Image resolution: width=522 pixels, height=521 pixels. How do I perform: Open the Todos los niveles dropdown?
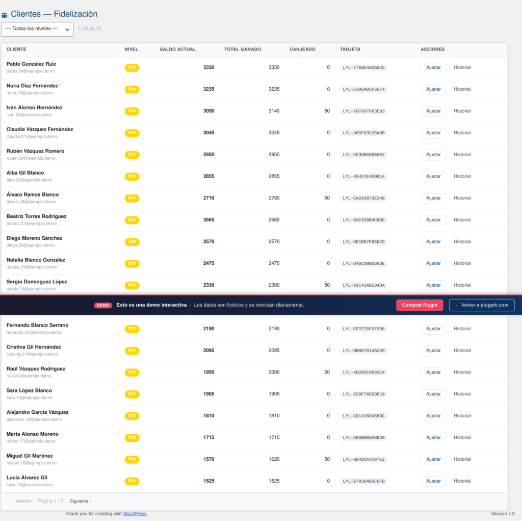pos(37,29)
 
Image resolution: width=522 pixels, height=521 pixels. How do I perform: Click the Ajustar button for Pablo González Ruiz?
pos(433,68)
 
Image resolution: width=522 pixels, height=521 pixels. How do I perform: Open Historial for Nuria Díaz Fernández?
pos(462,89)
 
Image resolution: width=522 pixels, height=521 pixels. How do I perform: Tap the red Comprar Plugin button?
pos(420,305)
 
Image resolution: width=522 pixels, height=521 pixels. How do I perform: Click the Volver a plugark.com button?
pos(482,305)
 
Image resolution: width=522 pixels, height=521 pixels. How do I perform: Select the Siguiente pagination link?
pos(81,501)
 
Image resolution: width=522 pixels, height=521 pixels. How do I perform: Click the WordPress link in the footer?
pos(135,514)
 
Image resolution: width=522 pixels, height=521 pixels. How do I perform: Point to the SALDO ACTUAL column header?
pos(178,49)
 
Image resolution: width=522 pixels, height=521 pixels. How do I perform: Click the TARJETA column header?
pos(350,49)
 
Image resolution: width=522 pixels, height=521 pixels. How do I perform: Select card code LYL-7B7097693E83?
pos(363,111)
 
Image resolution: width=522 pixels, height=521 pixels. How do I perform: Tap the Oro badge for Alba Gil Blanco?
pos(132,177)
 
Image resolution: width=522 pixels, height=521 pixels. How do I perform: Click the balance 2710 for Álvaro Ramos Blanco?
pos(208,198)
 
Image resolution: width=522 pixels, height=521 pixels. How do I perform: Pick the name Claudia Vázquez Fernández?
pos(40,129)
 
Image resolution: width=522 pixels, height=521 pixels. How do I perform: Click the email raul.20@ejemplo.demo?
pos(29,376)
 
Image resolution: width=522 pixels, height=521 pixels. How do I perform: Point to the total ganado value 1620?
pos(274,459)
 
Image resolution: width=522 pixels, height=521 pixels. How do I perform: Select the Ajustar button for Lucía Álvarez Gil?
pos(433,481)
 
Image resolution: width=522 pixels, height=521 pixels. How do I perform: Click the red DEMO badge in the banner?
pos(103,305)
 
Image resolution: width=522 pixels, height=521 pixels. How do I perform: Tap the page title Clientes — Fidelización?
pos(54,14)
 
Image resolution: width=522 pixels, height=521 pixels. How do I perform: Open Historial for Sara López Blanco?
pos(462,394)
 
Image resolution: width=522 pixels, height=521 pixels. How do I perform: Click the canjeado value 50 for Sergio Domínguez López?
pos(327,285)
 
